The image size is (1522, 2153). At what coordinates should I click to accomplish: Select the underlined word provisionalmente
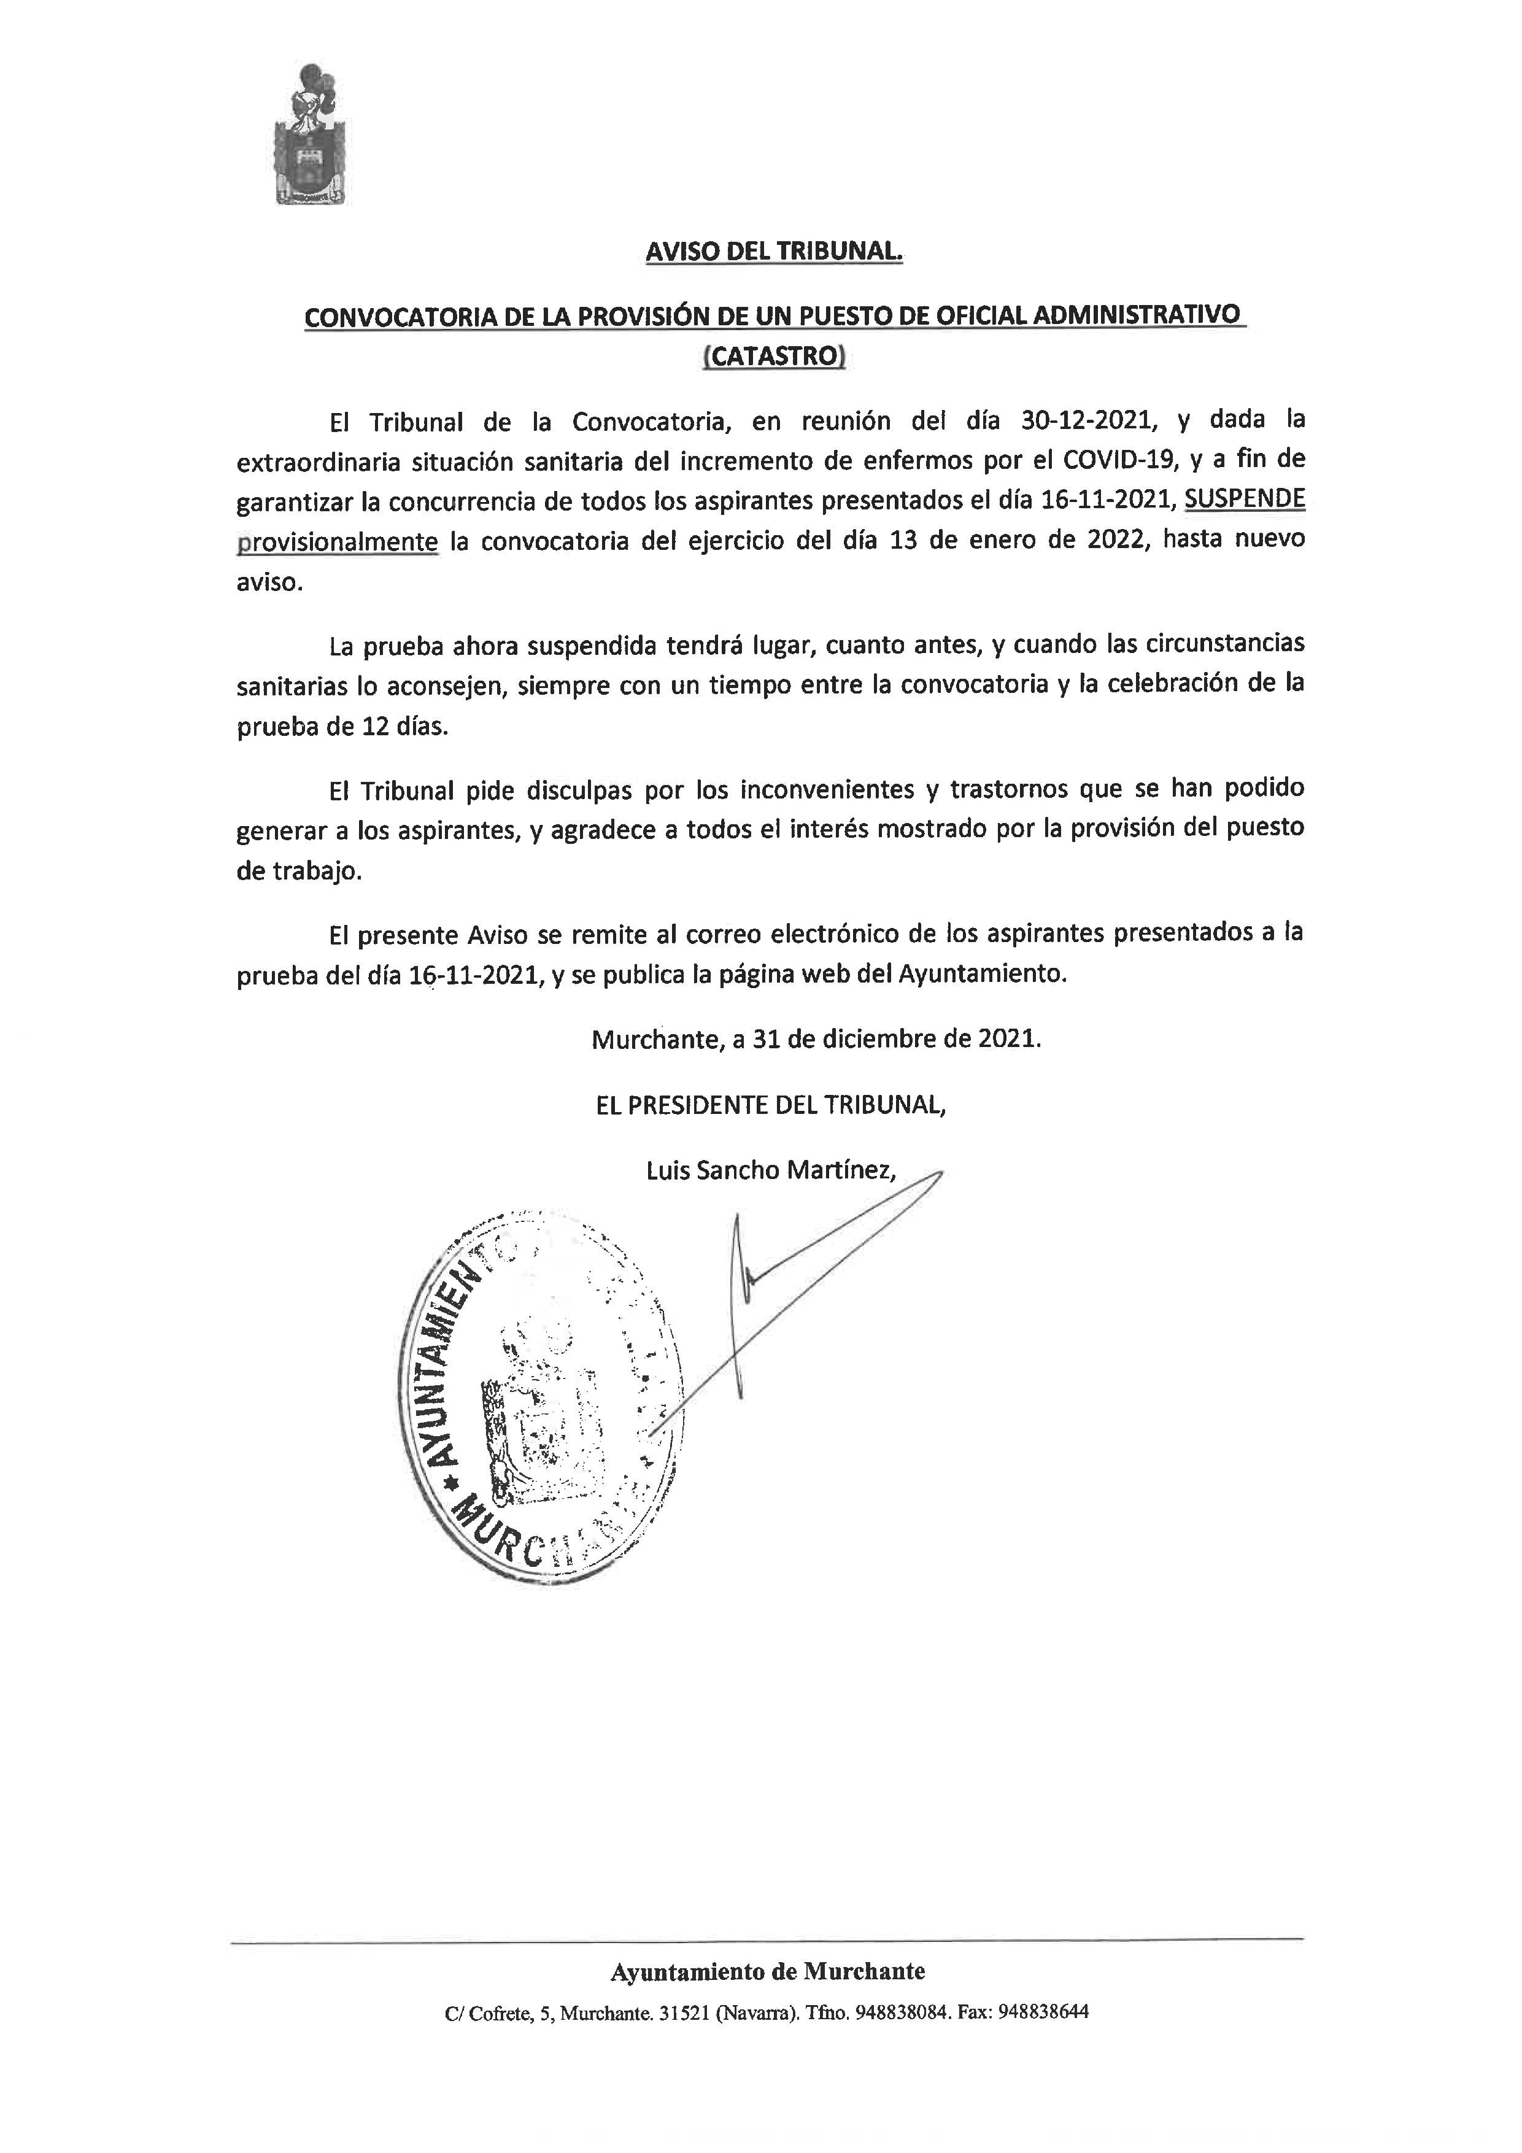[338, 542]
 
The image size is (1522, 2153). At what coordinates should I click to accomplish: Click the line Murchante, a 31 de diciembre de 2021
[816, 1039]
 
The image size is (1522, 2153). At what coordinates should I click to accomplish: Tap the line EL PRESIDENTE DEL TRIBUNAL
[771, 1105]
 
